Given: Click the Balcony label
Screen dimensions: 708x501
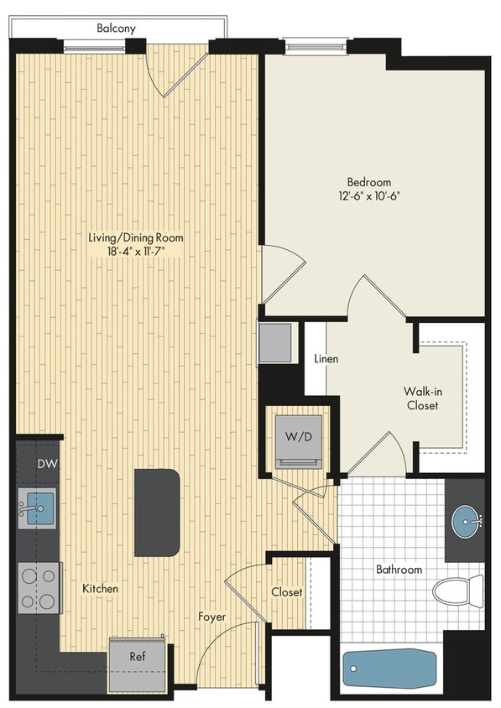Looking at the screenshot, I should [x=116, y=28].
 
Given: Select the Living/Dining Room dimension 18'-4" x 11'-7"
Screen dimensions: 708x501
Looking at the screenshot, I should [x=136, y=252].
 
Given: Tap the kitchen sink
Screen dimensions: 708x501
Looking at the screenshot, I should [x=37, y=508].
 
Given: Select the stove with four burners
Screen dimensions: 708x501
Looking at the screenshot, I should [x=39, y=588].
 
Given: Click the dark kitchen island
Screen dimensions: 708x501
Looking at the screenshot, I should [x=157, y=512].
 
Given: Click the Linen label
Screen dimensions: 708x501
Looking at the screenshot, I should [x=326, y=359].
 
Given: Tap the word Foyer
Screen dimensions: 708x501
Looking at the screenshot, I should [x=212, y=617].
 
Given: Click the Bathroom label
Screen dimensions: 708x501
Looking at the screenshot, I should [x=399, y=570].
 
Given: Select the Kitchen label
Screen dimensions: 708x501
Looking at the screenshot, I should [x=100, y=589].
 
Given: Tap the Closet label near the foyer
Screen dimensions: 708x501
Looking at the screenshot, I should [x=286, y=591].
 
